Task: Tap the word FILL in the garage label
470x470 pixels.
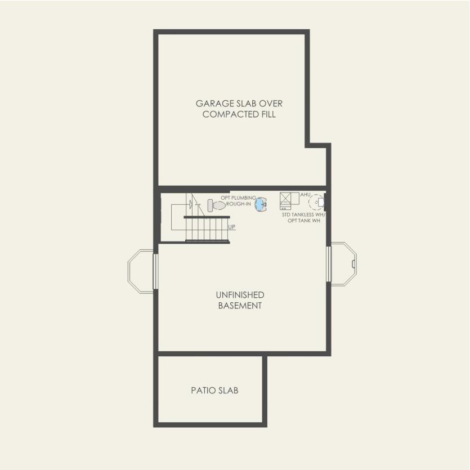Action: point(268,114)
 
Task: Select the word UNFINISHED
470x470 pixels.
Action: point(240,295)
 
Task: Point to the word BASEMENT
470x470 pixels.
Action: point(240,306)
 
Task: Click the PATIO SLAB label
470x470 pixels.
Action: point(214,390)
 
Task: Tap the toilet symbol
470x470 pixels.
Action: point(216,205)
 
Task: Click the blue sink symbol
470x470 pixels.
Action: point(261,205)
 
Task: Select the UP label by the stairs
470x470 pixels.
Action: point(232,226)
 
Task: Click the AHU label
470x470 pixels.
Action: point(305,194)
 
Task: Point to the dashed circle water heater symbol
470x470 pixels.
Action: point(317,201)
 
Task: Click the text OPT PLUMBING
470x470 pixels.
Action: point(238,198)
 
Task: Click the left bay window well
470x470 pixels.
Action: point(141,271)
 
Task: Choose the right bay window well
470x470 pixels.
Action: point(343,263)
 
